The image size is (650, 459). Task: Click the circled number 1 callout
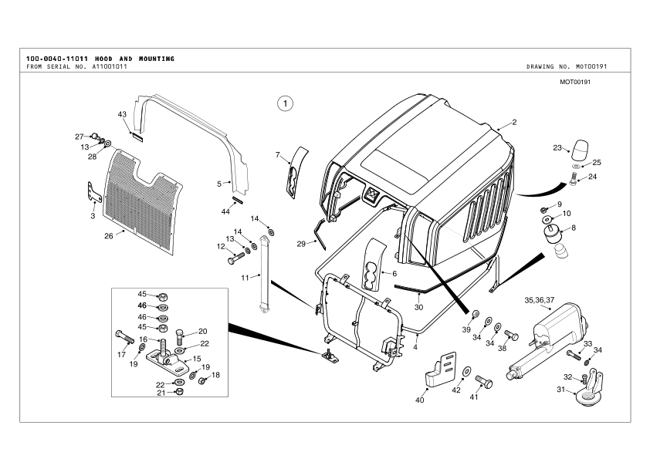[x=285, y=103]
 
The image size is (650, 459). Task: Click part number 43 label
[x=122, y=114]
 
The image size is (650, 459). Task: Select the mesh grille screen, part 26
[x=143, y=201]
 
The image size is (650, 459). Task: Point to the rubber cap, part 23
[x=580, y=150]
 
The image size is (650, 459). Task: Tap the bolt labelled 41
[x=484, y=380]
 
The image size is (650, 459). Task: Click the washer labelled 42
[x=466, y=371]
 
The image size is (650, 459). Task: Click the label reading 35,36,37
[x=540, y=300]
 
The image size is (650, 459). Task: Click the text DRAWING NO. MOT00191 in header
[x=567, y=66]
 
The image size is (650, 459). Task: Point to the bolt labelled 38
[x=511, y=335]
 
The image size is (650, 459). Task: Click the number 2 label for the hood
[x=514, y=122]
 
